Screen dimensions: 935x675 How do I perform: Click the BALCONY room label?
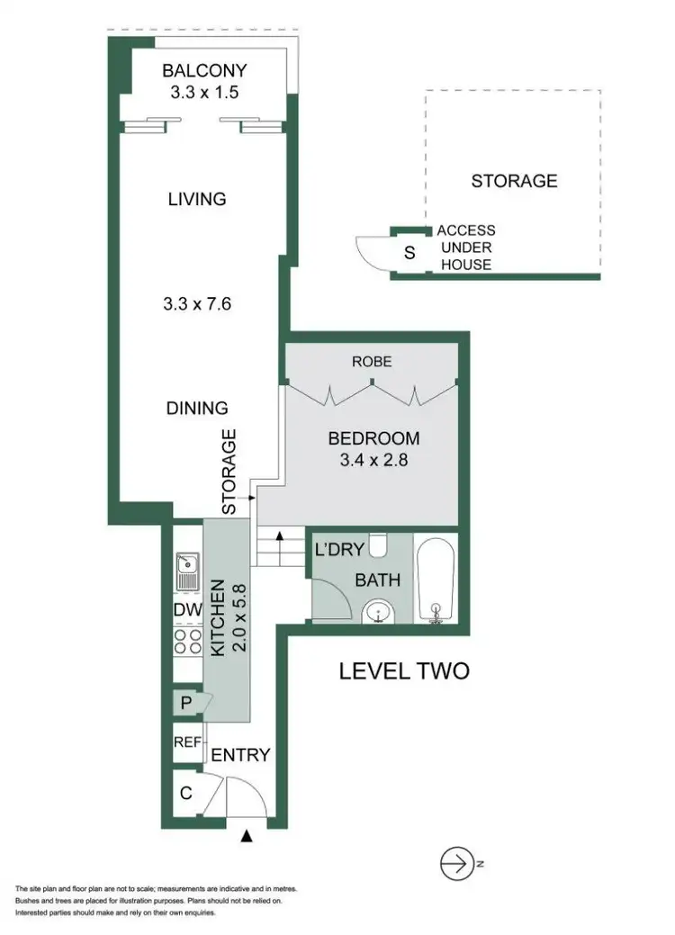(203, 71)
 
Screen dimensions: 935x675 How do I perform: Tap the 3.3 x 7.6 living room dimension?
(198, 303)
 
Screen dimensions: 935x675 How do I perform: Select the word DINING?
(197, 407)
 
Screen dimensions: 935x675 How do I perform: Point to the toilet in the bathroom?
(379, 545)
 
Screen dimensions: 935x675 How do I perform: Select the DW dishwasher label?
(186, 611)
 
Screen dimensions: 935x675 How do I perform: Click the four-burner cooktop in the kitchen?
(187, 642)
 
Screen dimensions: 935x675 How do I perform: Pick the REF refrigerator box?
(187, 743)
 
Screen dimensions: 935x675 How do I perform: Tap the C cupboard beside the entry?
(186, 794)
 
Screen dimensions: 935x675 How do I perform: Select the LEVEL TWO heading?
(403, 670)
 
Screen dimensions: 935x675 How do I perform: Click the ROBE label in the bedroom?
(373, 362)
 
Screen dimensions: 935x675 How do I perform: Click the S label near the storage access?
(409, 253)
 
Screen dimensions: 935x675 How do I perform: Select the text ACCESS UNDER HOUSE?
(465, 247)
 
